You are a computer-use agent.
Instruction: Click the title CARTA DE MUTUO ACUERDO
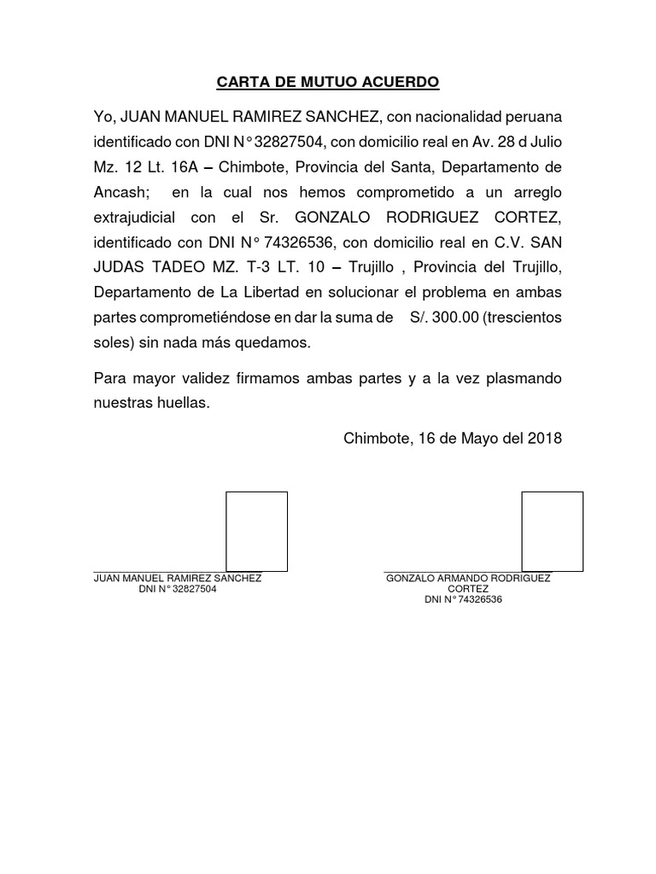(x=327, y=83)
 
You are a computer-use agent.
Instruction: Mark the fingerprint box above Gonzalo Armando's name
(x=553, y=530)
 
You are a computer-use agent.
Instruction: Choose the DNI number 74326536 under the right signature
(x=480, y=600)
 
